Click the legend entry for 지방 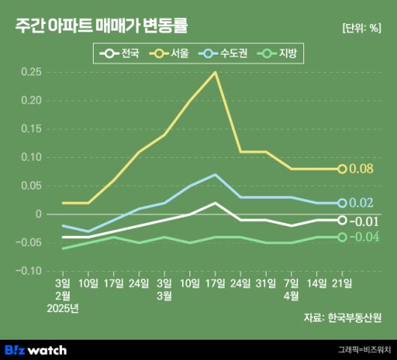tap(278, 54)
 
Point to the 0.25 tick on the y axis tap(31, 72)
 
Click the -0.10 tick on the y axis tap(29, 271)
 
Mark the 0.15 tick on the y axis tap(31, 129)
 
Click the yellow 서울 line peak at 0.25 tap(216, 73)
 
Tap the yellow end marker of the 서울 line tap(342, 169)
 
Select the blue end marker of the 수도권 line tap(342, 203)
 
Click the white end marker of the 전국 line tap(342, 220)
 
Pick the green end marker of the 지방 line tap(342, 237)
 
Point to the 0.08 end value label tap(363, 169)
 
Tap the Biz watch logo tap(36, 350)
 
